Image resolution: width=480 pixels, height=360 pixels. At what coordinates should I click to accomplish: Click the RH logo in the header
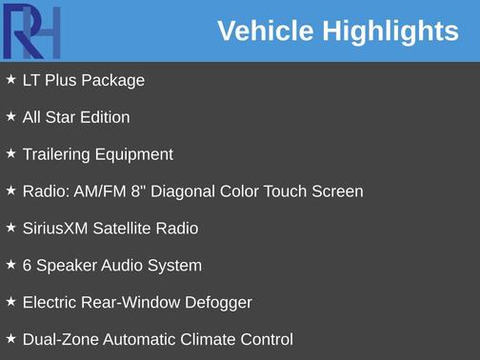click(31, 31)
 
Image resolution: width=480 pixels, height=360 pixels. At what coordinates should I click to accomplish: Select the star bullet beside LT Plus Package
click(10, 80)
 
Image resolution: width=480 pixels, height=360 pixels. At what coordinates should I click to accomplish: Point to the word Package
click(113, 80)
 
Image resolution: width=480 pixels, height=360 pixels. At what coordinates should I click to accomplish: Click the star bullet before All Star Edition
click(10, 117)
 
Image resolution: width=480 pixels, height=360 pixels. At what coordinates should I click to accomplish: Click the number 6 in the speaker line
click(28, 266)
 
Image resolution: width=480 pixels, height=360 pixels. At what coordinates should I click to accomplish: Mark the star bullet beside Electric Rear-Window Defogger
click(10, 302)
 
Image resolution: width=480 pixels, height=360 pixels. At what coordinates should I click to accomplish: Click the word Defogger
click(218, 303)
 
